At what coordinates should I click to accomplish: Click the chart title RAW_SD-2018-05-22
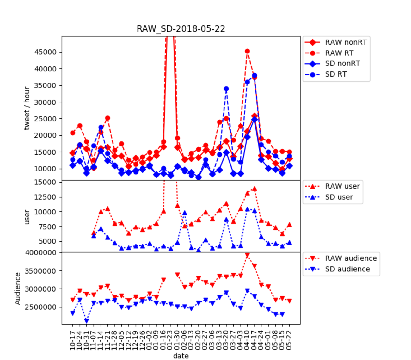click(181, 29)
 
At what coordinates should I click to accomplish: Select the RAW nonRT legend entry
click(346, 42)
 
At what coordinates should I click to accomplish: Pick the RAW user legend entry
click(342, 186)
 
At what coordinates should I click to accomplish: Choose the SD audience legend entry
click(347, 269)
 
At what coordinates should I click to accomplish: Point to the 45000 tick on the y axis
click(45, 52)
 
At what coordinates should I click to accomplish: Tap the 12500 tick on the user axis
click(45, 197)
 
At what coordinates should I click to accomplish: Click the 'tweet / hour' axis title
click(27, 108)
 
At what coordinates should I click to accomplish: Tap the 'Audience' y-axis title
click(18, 289)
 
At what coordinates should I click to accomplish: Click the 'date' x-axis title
click(181, 356)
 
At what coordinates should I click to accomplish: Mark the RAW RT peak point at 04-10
click(247, 51)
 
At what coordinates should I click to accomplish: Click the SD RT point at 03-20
click(226, 89)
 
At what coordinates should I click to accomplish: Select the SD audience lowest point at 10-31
click(87, 321)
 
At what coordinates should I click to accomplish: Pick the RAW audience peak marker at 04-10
click(247, 255)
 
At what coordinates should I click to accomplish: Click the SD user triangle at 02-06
click(184, 213)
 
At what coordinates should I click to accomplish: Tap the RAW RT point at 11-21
click(107, 118)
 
